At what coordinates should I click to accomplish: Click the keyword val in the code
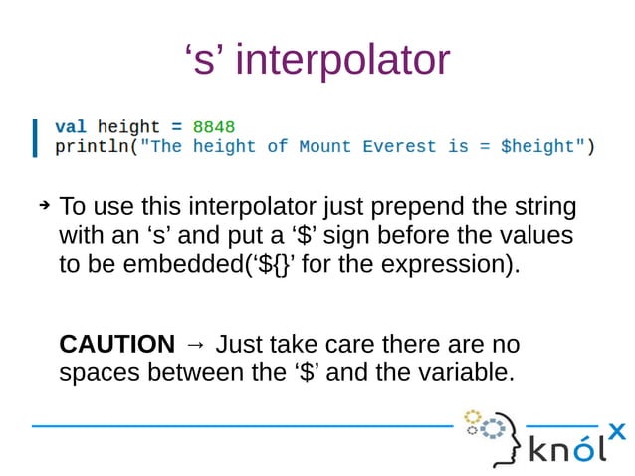(70, 127)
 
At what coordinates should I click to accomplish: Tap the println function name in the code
(91, 147)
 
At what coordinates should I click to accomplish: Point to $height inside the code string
(537, 147)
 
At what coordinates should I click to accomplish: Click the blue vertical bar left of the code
(36, 137)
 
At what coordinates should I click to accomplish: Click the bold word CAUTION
(117, 345)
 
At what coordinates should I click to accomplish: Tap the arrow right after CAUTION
(195, 345)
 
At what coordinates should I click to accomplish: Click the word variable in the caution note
(464, 375)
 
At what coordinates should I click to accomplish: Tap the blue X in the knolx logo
(617, 431)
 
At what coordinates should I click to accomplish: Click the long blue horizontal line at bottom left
(239, 426)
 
